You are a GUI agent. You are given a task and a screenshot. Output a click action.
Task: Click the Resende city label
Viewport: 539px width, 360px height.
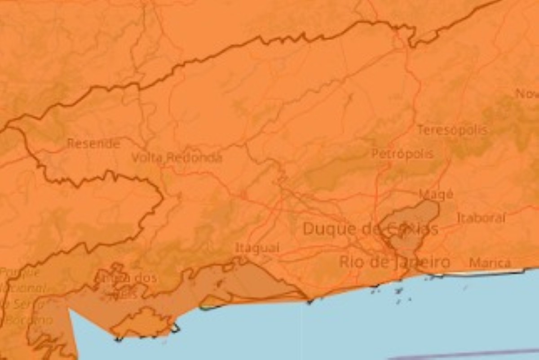(93, 144)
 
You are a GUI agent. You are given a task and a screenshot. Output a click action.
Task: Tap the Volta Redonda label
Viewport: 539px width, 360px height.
(177, 158)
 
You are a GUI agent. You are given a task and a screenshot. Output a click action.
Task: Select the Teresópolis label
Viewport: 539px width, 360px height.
(452, 130)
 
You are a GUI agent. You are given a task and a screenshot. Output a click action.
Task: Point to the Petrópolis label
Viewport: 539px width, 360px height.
(402, 154)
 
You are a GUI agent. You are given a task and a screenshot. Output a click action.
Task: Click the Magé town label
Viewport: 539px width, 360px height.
(436, 194)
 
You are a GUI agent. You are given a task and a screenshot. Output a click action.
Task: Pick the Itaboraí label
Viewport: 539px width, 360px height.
(481, 218)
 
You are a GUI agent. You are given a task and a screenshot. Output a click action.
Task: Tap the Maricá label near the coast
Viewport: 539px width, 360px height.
(490, 263)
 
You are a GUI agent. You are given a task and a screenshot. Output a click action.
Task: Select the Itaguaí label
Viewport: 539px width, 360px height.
(257, 248)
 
